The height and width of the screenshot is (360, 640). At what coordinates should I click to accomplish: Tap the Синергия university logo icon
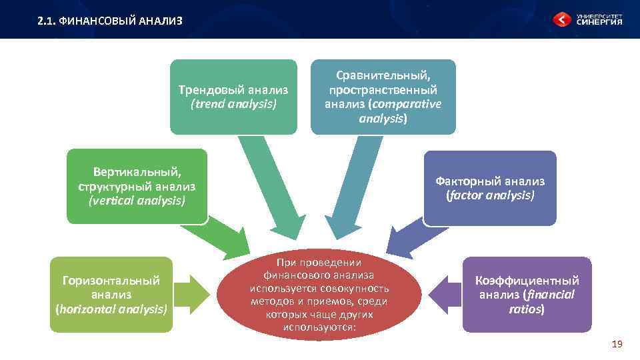562,20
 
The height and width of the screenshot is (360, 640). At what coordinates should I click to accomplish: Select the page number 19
617,344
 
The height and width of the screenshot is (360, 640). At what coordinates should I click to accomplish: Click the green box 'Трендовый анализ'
233,97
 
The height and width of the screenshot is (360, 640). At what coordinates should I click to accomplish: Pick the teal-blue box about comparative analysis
383,97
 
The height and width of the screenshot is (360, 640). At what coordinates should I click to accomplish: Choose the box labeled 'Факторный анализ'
490,188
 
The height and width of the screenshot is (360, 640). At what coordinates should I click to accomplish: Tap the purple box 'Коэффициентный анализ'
527,295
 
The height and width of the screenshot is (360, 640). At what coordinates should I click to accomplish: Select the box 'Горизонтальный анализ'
111,295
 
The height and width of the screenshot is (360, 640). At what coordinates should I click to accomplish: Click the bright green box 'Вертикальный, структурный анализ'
137,186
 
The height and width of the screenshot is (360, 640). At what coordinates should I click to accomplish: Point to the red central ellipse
319,293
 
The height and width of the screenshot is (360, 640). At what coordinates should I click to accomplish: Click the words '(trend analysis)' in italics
233,104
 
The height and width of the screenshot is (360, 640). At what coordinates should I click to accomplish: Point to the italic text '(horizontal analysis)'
111,309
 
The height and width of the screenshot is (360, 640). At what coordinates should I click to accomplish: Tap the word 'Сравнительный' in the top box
383,75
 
